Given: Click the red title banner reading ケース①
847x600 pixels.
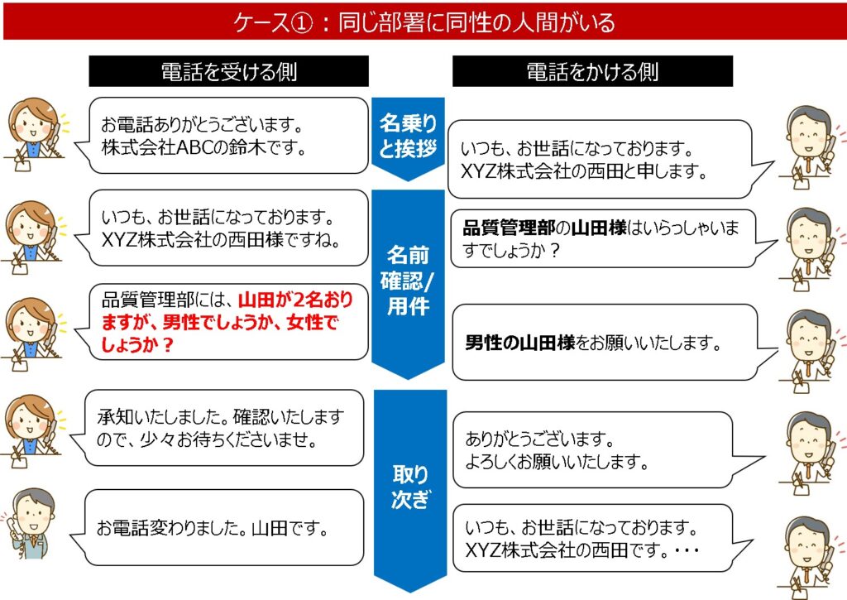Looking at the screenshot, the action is point(423,22).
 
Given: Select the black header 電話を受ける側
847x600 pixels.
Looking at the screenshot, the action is point(228,71).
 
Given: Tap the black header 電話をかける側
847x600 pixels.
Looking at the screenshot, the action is point(592,71).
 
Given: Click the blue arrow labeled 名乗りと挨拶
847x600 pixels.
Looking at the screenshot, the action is point(408,138).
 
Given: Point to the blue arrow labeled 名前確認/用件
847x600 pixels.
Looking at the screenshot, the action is point(408,283).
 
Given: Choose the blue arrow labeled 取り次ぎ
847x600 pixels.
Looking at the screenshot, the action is point(410,490).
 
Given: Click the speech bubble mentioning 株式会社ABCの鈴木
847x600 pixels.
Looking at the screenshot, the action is point(222,136).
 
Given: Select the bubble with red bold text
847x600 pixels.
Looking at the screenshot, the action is point(222,322).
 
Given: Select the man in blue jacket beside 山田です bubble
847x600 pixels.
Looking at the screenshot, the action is point(30,524).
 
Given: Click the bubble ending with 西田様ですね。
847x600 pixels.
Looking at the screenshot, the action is point(222,228).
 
